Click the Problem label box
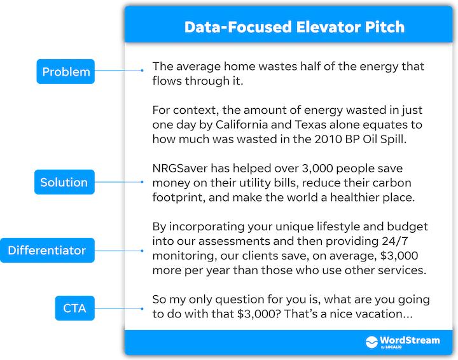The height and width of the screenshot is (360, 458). [x=66, y=71]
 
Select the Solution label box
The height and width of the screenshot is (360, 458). [x=64, y=182]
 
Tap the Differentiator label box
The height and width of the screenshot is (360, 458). [x=47, y=250]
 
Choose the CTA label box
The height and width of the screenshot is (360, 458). [x=75, y=308]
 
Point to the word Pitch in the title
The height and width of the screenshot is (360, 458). [x=385, y=27]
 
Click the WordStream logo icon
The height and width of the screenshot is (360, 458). [x=371, y=342]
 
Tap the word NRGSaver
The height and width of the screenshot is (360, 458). [x=180, y=169]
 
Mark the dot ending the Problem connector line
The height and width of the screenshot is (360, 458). [x=142, y=71]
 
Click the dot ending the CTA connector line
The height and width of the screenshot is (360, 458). [x=142, y=308]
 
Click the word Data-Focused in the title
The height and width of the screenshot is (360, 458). [x=238, y=27]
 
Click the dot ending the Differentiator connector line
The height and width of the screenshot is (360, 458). [x=142, y=251]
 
